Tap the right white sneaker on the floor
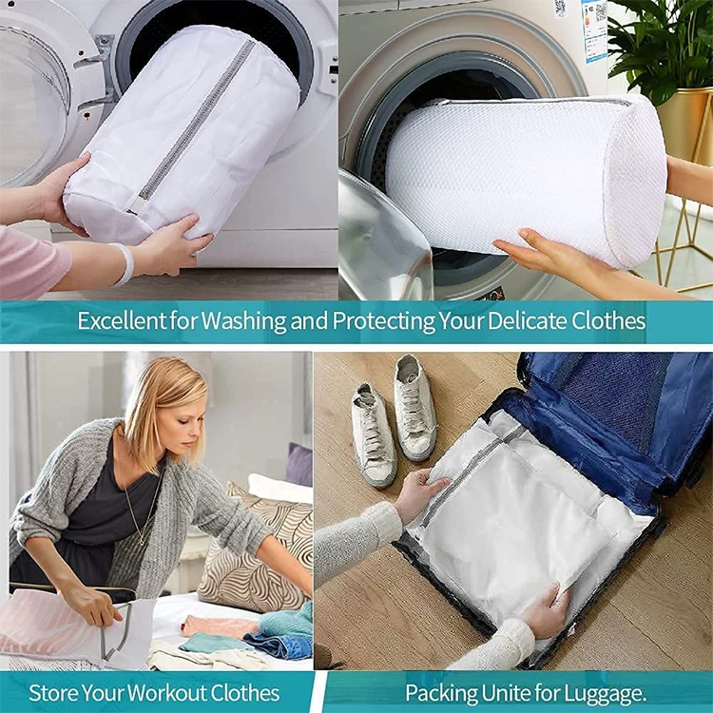pos(414,406)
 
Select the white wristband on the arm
pos(125,264)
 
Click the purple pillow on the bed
pos(299,465)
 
